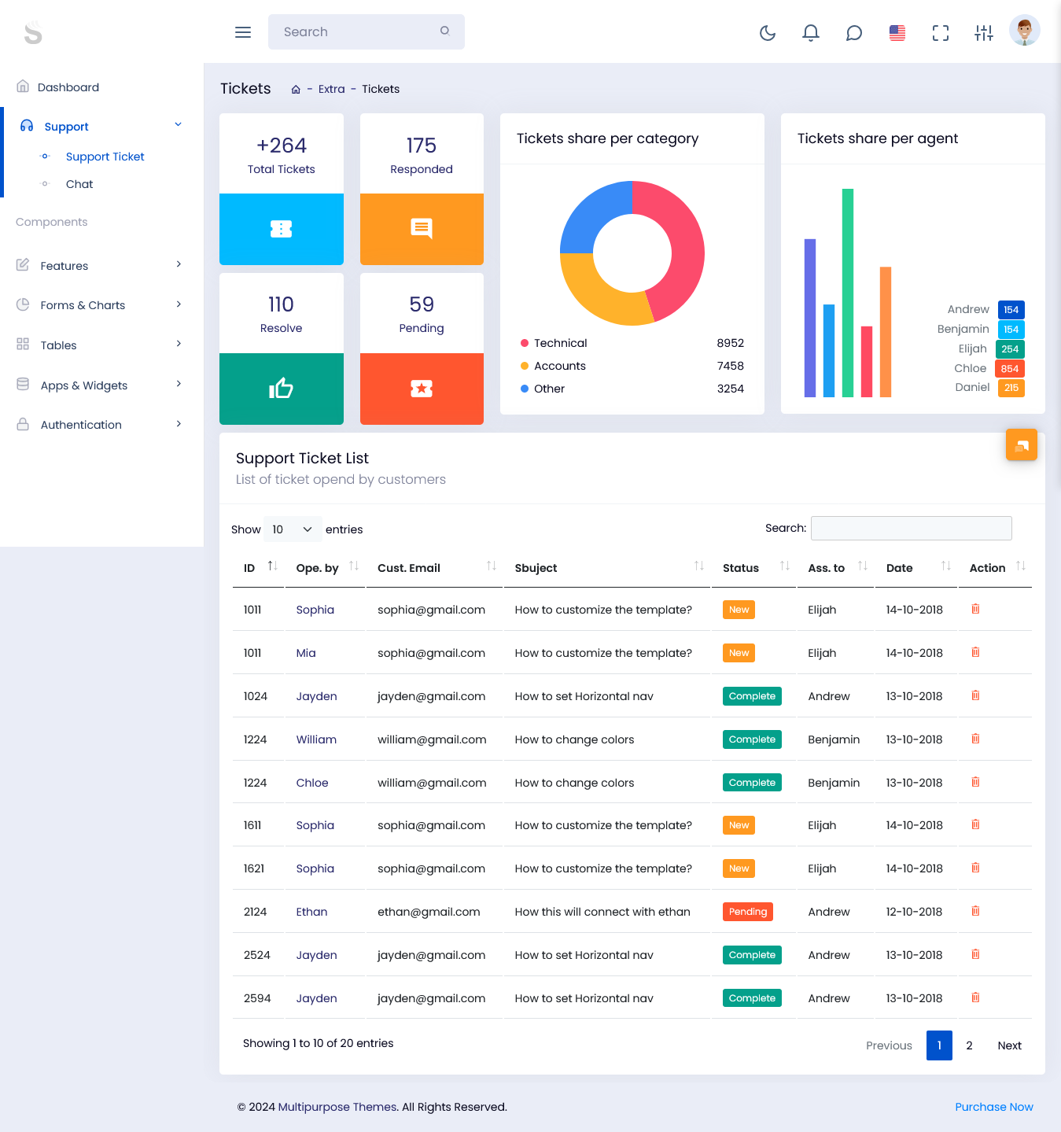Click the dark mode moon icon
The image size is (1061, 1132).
768,32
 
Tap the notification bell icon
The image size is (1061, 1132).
810,32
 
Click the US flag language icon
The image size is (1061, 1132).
897,32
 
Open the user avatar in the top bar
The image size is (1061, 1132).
1024,31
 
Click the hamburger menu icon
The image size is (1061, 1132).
243,32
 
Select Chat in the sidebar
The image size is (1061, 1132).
79,184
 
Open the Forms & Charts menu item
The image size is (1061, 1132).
83,305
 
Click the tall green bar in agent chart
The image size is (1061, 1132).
847,292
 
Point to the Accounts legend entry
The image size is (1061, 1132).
559,366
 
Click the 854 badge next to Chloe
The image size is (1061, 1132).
1009,369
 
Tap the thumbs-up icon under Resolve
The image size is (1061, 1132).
281,389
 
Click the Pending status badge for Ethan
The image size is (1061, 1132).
747,912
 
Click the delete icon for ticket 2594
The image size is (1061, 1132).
975,997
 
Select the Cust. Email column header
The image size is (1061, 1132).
409,568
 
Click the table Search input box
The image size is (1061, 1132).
911,529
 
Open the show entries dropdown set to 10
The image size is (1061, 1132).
292,529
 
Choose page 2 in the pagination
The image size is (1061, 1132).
969,1045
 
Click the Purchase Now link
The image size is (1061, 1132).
993,1107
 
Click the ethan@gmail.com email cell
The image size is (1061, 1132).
429,912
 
